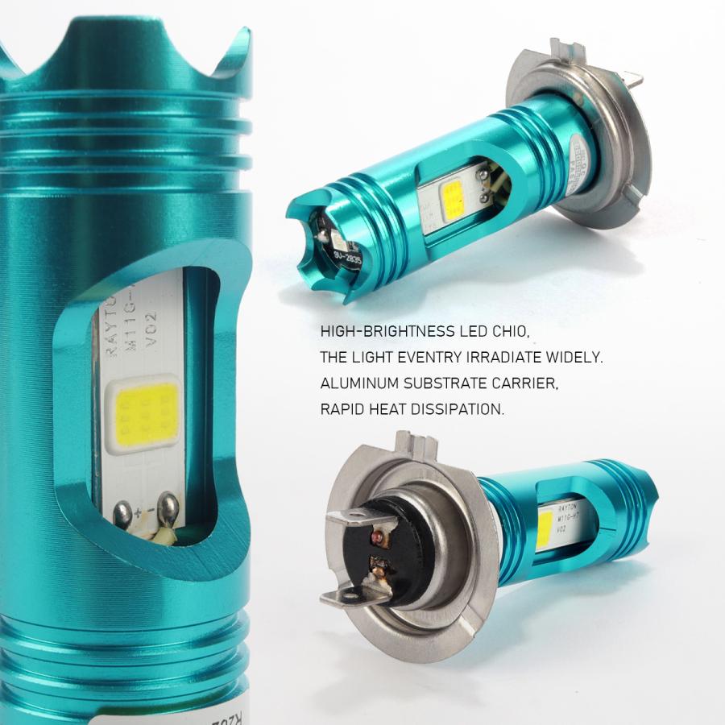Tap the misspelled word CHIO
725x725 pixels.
[514, 332]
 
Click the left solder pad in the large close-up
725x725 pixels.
[124, 511]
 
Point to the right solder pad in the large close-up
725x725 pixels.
[170, 506]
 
